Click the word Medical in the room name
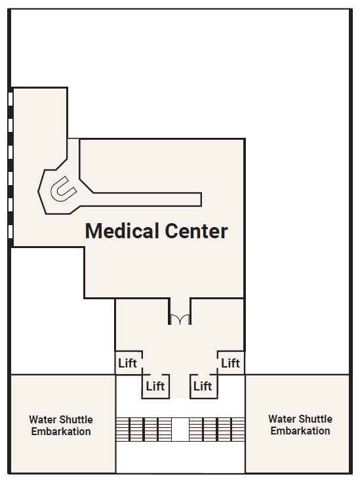122,231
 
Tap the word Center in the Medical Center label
196,231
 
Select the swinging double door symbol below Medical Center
180,319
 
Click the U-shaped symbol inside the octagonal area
64,188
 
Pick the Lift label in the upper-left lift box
127,363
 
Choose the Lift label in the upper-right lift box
231,363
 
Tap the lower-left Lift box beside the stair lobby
156,387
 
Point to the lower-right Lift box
204,387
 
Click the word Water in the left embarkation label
42,419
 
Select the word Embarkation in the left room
61,431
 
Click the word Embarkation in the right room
300,431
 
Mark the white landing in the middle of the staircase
180,429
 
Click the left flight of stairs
144,429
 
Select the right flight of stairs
216,429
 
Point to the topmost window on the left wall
10,99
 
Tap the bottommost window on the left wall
10,232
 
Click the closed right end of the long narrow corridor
201,200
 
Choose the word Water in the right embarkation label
281,419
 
